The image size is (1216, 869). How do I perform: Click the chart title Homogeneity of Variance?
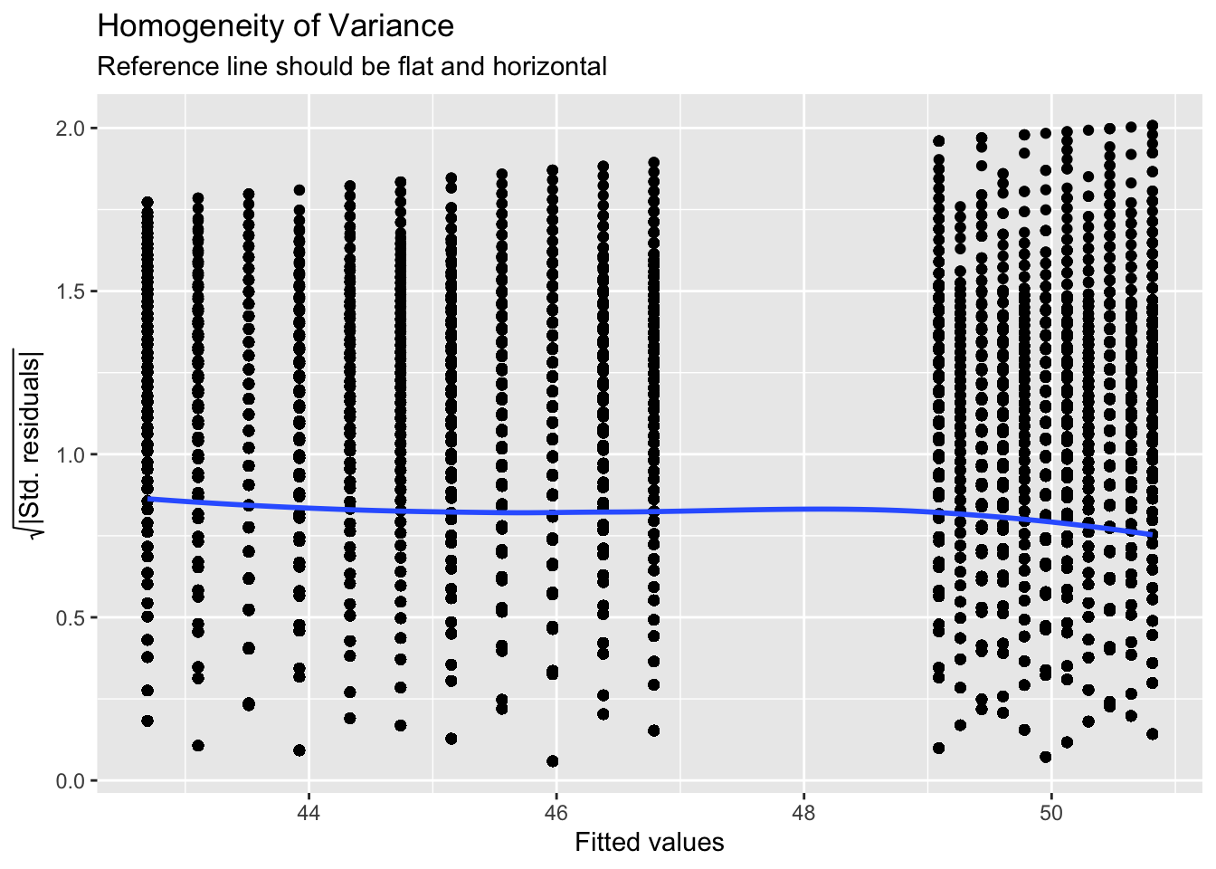(275, 26)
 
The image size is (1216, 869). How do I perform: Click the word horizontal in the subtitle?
(549, 67)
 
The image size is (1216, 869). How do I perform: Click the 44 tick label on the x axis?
(309, 811)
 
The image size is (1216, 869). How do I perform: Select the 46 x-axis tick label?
(556, 811)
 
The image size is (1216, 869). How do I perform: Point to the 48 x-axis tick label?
(803, 811)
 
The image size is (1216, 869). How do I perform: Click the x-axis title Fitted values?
(650, 844)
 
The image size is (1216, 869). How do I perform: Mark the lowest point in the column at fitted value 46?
(553, 761)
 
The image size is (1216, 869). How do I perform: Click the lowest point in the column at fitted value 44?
(299, 750)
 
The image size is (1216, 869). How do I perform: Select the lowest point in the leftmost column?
(147, 721)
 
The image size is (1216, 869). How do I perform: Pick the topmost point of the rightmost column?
(1152, 126)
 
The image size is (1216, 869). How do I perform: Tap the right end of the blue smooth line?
(1152, 535)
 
